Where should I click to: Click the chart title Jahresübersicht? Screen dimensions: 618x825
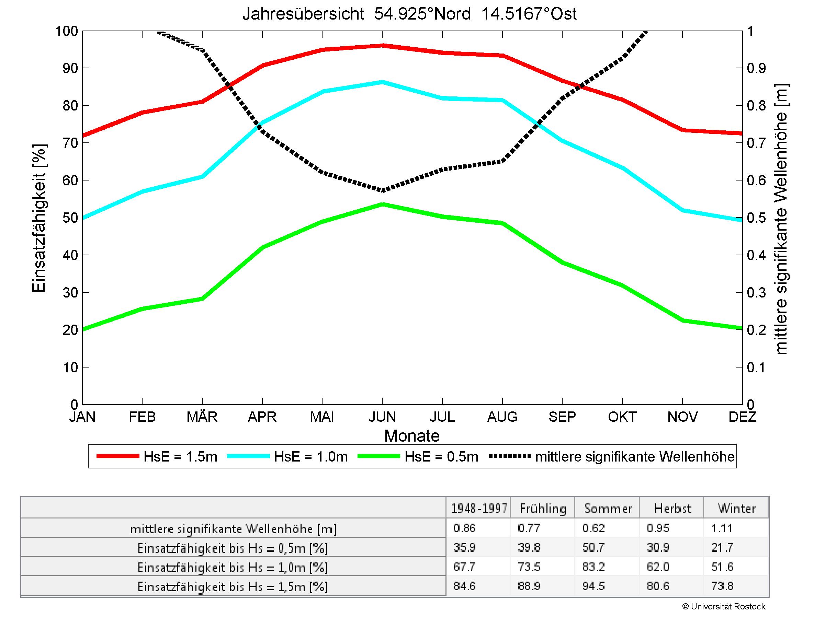point(409,14)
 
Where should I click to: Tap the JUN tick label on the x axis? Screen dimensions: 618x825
point(382,417)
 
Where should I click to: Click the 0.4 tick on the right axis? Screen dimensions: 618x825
point(756,255)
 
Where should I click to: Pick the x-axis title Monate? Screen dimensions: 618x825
point(412,436)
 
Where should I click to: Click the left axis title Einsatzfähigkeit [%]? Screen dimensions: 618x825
point(39,218)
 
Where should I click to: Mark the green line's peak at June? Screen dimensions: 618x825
point(382,204)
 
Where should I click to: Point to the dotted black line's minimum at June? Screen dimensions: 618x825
point(382,190)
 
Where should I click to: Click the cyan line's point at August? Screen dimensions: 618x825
point(502,100)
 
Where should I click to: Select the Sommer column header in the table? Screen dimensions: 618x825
point(608,509)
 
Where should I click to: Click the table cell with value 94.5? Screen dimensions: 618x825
point(594,586)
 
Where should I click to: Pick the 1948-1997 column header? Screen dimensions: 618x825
point(479,509)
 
